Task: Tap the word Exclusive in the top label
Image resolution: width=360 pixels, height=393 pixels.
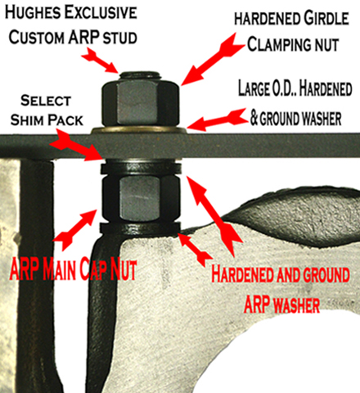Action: click(101, 13)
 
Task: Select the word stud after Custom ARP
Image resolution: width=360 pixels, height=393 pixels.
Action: click(120, 38)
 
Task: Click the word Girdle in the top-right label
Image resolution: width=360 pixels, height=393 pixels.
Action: click(326, 19)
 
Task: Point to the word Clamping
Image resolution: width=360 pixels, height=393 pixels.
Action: click(279, 44)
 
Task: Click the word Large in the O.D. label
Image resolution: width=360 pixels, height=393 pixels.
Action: click(254, 88)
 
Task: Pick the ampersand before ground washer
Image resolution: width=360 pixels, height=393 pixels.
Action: click(254, 118)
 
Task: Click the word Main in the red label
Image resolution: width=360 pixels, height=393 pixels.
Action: click(59, 269)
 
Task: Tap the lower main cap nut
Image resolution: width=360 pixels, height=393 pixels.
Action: click(141, 198)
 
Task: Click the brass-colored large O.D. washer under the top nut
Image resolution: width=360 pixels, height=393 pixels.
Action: click(139, 130)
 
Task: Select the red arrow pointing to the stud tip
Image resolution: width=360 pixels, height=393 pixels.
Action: click(100, 61)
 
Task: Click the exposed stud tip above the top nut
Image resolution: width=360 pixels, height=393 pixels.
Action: click(139, 75)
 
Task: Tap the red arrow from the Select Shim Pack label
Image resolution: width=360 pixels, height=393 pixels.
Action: click(77, 146)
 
